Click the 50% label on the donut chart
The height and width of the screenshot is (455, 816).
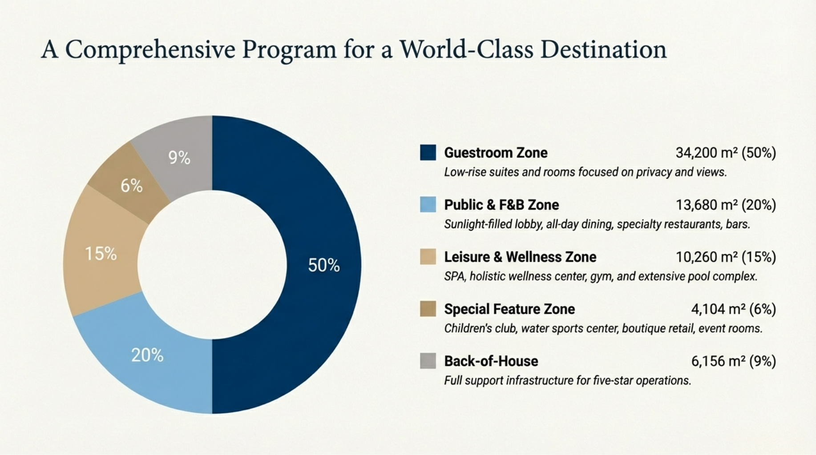coord(324,265)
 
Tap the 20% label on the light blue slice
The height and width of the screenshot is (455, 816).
coord(147,355)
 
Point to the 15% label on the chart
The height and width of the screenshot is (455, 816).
coord(101,254)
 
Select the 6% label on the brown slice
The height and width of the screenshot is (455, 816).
coord(132,186)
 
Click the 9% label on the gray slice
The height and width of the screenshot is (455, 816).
coord(179,158)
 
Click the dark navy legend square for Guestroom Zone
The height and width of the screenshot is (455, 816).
coord(428,152)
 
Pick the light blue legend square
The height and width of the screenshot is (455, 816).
coord(428,204)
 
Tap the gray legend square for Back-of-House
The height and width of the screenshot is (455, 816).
coord(428,361)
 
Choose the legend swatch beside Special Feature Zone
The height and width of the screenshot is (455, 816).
coord(428,309)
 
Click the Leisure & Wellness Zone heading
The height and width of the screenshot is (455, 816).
coord(520,257)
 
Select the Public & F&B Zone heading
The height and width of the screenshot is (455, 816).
coord(501,205)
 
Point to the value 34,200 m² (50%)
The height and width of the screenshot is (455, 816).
coord(726,153)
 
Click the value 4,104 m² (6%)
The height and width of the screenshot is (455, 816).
coord(733,309)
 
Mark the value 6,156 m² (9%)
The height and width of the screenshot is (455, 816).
coord(733,361)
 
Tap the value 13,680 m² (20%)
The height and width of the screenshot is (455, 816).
coord(726,205)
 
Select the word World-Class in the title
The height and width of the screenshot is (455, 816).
coord(466,49)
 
